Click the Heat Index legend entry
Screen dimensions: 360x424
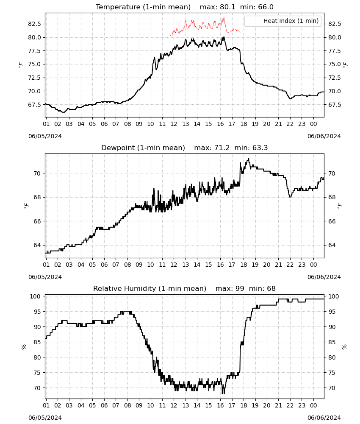point(283,21)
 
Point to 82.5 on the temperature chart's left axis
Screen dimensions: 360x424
point(35,24)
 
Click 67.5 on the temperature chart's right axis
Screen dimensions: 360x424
point(335,105)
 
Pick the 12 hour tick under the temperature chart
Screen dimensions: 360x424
point(174,124)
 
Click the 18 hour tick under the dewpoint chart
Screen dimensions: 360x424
point(244,265)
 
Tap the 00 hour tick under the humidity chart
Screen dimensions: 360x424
point(313,406)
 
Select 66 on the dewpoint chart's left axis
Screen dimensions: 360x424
point(37,221)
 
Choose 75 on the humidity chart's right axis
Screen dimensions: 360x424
point(332,373)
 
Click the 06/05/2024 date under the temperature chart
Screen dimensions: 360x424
point(45,136)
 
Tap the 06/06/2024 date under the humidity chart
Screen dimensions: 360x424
point(324,418)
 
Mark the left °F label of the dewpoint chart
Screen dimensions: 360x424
point(26,206)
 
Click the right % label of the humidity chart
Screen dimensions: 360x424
point(344,347)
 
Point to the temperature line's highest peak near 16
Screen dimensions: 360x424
point(224,37)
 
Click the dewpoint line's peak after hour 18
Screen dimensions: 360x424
point(249,159)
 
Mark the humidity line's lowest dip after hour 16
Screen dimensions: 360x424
point(223,393)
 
